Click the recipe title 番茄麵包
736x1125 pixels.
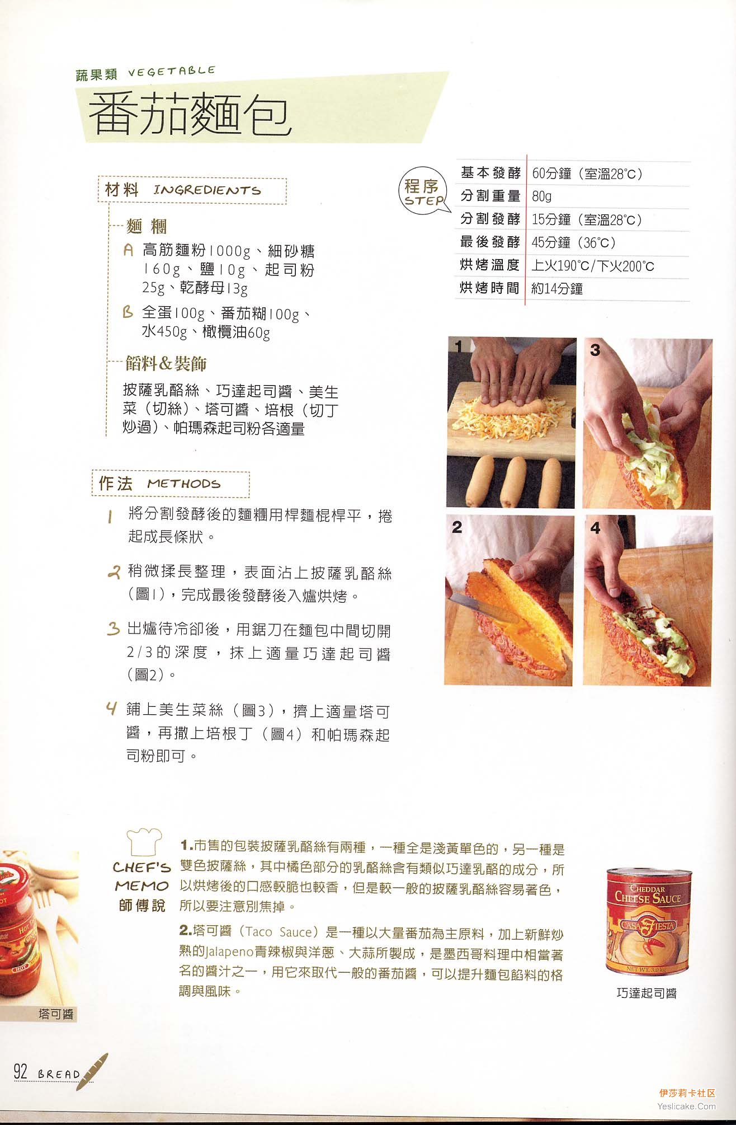[190, 114]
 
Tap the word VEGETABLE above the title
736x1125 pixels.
[172, 71]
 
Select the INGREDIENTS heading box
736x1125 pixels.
[192, 190]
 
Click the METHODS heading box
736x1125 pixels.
[171, 484]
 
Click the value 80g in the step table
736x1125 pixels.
[541, 196]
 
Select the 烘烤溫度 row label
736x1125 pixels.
[490, 265]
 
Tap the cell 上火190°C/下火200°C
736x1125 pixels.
[593, 266]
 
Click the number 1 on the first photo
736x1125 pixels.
[459, 347]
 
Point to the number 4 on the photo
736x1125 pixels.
[595, 527]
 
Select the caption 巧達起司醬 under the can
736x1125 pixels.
[647, 993]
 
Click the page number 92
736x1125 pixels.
[21, 1072]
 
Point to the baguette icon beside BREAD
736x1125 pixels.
[93, 1071]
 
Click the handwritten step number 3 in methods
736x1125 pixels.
[114, 629]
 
